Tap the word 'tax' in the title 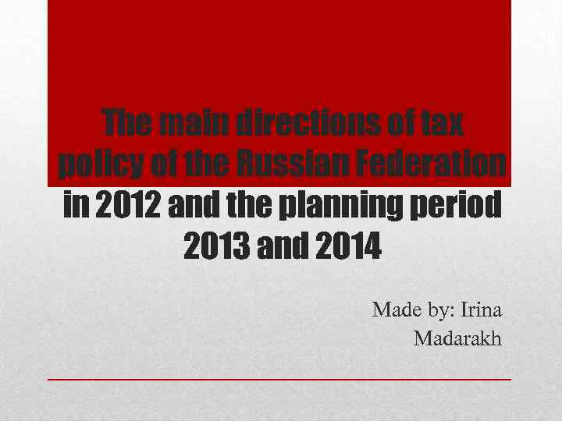[x=441, y=123]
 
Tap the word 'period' [x=461, y=206]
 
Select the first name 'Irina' [x=482, y=310]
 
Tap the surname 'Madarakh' [x=458, y=339]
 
